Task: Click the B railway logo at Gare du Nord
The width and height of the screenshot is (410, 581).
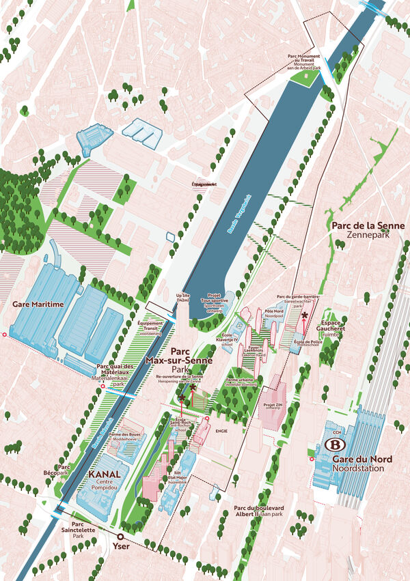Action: tap(335, 444)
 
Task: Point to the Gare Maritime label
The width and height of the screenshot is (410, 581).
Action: tap(38, 304)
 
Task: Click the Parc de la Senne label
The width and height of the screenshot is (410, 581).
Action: tap(368, 226)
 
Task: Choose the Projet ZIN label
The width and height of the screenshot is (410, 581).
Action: tap(273, 405)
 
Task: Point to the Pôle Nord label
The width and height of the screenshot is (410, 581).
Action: tap(274, 313)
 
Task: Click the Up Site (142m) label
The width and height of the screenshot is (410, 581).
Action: tap(182, 298)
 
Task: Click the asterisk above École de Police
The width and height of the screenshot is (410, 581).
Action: tap(304, 315)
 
